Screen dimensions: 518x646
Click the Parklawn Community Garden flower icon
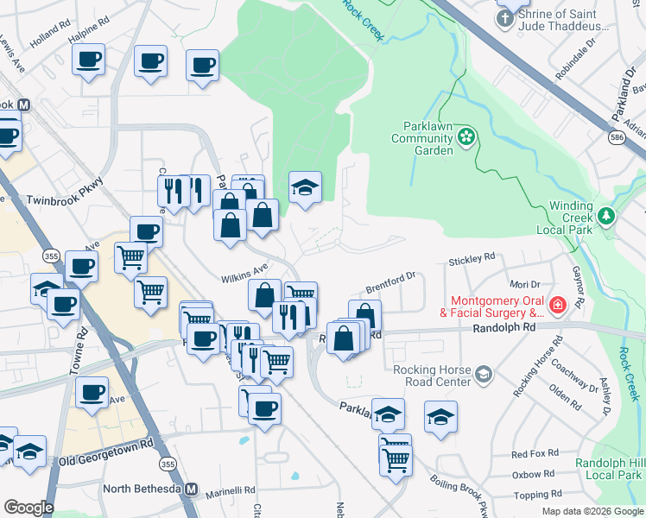[x=466, y=136]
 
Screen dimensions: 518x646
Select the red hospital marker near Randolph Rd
[x=558, y=306]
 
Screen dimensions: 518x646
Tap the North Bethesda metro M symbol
[x=191, y=490]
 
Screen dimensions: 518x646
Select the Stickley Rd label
[x=472, y=257]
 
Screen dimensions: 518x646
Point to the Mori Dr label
[x=524, y=283]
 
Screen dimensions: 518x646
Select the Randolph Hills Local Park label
[x=610, y=469]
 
